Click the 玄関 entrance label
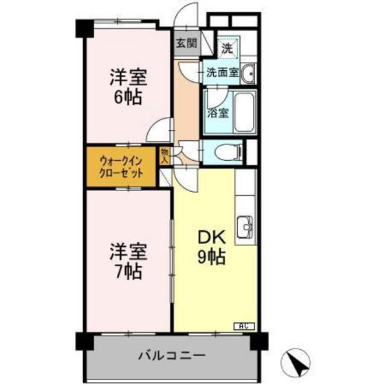pyautogui.click(x=186, y=43)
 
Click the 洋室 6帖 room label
pyautogui.click(x=128, y=87)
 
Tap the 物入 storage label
pyautogui.click(x=165, y=154)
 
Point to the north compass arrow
pyautogui.click(x=296, y=362)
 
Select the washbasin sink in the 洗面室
pyautogui.click(x=249, y=71)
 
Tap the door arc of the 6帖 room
pyautogui.click(x=161, y=129)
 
